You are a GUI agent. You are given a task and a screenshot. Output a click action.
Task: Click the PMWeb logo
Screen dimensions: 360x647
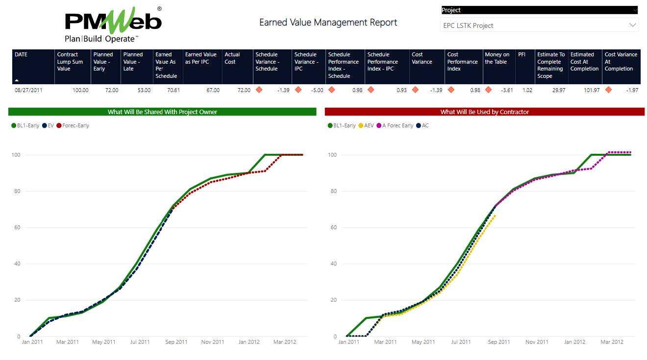(x=113, y=24)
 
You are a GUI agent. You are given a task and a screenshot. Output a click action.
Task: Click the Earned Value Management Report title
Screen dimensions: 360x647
(x=328, y=23)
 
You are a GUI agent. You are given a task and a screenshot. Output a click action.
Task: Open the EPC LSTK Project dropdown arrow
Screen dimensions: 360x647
(x=632, y=25)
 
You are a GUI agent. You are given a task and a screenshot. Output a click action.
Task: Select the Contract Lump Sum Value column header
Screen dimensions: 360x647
(x=70, y=62)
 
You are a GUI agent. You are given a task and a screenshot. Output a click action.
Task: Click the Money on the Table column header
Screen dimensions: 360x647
(x=497, y=58)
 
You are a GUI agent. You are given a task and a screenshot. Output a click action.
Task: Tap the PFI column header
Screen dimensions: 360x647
(x=522, y=55)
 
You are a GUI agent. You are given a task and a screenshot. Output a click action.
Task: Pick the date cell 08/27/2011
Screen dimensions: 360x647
(x=28, y=90)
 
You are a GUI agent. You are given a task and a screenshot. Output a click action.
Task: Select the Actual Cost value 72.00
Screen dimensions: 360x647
(x=244, y=90)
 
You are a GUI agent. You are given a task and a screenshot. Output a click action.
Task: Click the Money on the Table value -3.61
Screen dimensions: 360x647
(x=505, y=90)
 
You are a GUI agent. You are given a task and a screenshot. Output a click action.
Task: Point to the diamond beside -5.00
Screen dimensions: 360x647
(x=298, y=90)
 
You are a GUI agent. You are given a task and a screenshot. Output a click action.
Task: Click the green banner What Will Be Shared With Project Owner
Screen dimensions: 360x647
(x=162, y=112)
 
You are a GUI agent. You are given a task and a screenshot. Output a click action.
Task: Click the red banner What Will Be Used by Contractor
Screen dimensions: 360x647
(x=484, y=112)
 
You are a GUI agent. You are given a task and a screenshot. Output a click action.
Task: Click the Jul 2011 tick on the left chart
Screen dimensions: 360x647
(x=140, y=342)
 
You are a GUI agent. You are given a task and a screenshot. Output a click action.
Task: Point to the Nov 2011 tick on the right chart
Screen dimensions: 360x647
(x=537, y=342)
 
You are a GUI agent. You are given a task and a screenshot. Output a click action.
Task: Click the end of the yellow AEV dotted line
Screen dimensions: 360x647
(x=495, y=216)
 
